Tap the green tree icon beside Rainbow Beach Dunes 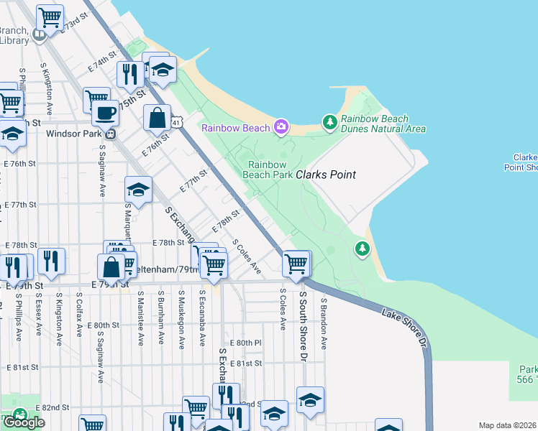(x=330, y=123)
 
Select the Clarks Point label (x=326, y=175)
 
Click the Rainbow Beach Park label (x=266, y=169)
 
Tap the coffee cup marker (x=106, y=113)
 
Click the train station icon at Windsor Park (x=111, y=134)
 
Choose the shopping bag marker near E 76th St (x=157, y=117)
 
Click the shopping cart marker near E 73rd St (x=50, y=17)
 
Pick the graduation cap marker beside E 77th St (x=138, y=190)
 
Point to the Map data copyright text (x=508, y=425)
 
